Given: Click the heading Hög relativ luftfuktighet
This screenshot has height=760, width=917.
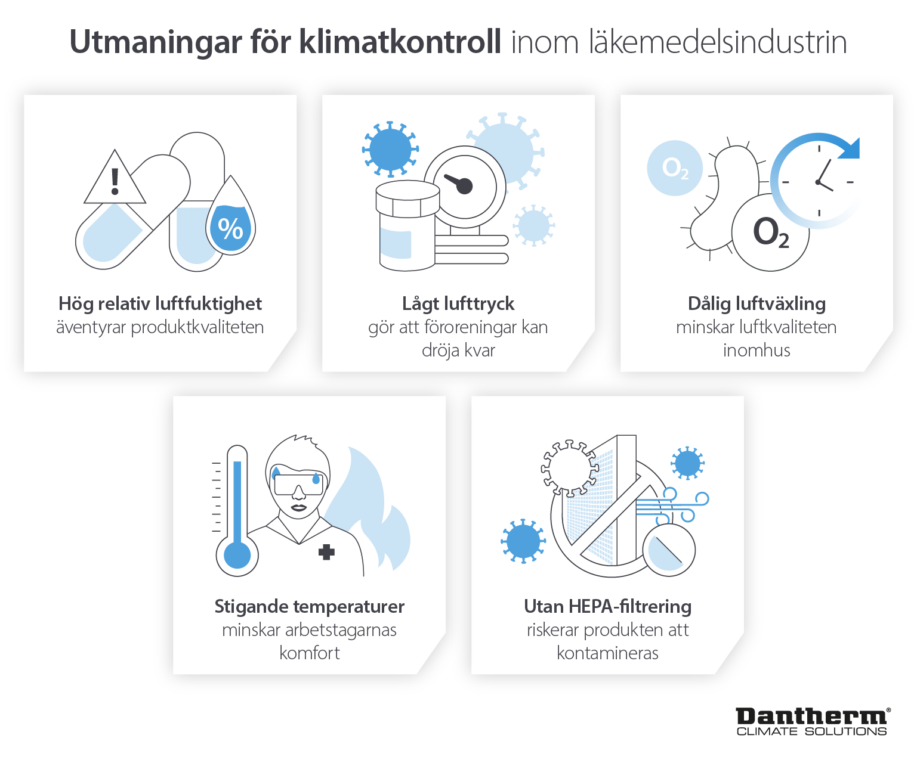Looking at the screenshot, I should tap(160, 304).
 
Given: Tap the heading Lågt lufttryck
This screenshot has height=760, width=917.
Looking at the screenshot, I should tap(458, 304).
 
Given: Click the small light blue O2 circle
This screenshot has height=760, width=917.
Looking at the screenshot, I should tap(675, 168).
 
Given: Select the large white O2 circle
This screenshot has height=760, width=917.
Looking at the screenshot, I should tap(770, 232).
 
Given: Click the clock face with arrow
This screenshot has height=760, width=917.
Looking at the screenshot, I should tap(819, 181).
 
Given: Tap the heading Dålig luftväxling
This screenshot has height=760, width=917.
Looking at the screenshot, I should tap(757, 304).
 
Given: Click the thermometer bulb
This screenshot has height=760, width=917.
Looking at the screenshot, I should tap(237, 556).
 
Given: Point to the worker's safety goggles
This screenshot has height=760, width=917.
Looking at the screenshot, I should tap(298, 483).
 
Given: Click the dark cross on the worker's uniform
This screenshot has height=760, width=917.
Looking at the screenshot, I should tap(326, 552).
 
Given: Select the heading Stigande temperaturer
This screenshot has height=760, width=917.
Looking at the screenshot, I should tap(309, 607).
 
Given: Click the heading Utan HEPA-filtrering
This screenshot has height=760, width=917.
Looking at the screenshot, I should tap(607, 607).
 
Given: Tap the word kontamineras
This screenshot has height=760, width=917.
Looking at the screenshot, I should tap(607, 653).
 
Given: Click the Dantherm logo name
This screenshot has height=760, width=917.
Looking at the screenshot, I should tap(812, 716).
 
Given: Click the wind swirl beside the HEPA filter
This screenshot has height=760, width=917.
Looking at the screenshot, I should tap(683, 506).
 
